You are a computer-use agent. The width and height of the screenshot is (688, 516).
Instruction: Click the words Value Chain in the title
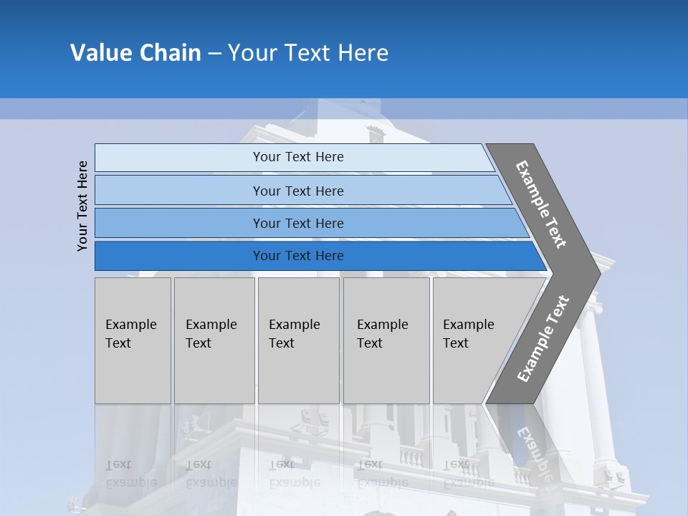pyautogui.click(x=135, y=52)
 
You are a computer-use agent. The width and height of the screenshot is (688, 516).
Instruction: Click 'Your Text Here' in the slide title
pyautogui.click(x=308, y=52)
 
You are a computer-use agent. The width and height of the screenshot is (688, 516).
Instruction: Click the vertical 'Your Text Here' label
pyautogui.click(x=82, y=206)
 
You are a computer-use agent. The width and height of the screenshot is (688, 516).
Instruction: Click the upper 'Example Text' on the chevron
pyautogui.click(x=541, y=204)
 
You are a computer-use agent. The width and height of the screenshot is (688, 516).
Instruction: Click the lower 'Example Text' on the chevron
pyautogui.click(x=543, y=338)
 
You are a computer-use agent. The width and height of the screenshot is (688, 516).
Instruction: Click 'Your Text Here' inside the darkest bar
pyautogui.click(x=298, y=256)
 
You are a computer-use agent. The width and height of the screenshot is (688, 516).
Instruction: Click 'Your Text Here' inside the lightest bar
pyautogui.click(x=298, y=157)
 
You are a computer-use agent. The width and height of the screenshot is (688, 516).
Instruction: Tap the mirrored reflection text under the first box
pyautogui.click(x=131, y=474)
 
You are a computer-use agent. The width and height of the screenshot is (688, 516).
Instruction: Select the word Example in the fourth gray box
pyautogui.click(x=383, y=325)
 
